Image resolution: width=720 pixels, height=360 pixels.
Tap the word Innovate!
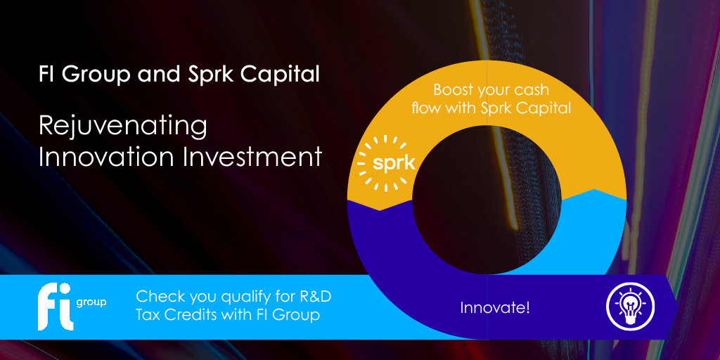coord(494,308)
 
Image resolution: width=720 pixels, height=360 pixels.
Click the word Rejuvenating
coord(123,127)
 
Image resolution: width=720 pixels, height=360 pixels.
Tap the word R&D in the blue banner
coord(312,296)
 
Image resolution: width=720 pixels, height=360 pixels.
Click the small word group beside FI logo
coord(91,302)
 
